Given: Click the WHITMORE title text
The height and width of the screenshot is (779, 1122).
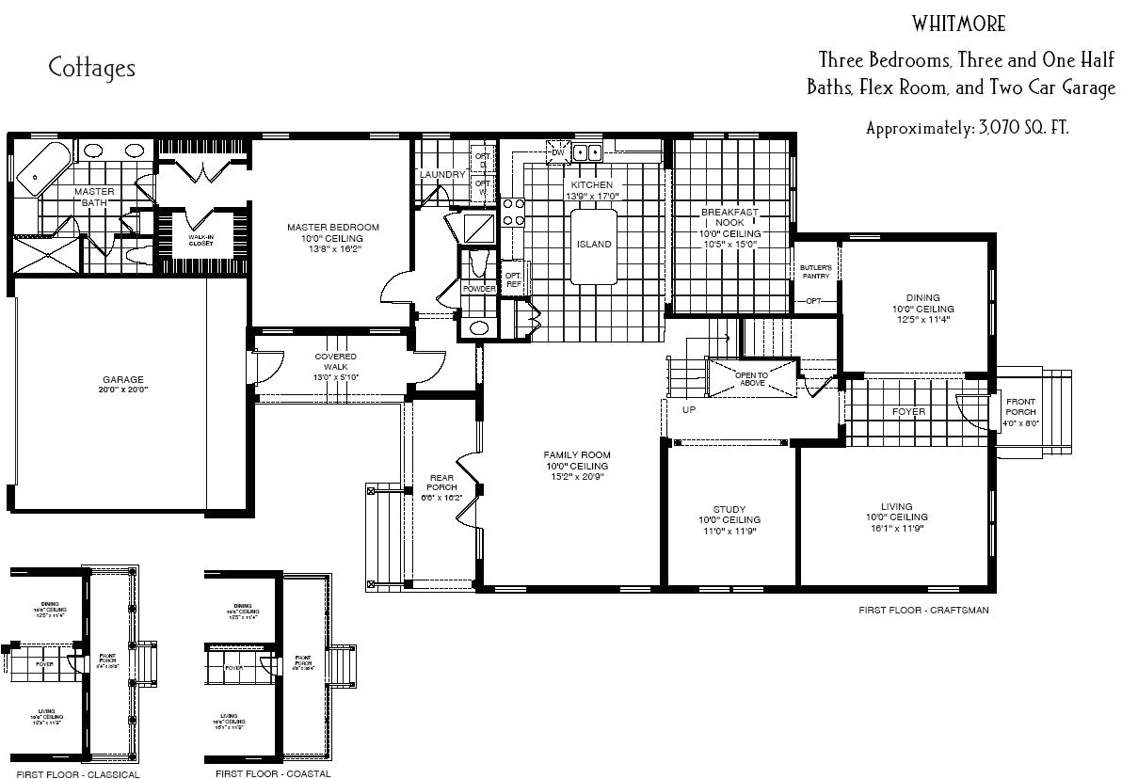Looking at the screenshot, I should pos(958,24).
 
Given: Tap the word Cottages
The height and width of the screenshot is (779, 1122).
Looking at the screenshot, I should pos(92,68).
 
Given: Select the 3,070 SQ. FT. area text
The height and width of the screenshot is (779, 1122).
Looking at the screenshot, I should pos(967,128).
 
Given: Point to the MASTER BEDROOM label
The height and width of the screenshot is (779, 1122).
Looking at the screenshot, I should pos(333,227).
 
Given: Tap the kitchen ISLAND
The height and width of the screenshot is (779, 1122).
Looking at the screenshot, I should pos(594,245).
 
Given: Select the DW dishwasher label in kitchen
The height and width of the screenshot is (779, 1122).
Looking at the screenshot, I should pos(557,152).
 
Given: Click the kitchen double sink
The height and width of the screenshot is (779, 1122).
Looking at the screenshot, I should pos(589,152).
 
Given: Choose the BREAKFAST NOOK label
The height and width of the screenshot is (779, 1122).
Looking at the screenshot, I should pos(729,217).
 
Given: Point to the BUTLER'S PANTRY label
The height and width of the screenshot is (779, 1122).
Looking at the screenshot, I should pos(815,272).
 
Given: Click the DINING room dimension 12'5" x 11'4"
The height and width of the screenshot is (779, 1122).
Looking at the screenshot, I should pos(922,319).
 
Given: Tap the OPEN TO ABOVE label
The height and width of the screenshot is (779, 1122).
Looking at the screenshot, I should pos(751,378).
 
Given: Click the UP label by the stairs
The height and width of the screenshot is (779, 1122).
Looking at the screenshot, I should pos(689,410).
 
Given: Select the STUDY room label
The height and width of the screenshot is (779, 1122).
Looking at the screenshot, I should pos(729,509).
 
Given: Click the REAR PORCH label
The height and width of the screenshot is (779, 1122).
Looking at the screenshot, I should pos(441,482).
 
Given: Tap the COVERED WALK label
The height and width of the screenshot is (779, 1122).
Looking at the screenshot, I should pos(335,361).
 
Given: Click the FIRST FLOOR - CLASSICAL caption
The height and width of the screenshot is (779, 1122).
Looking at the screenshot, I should pos(77,774).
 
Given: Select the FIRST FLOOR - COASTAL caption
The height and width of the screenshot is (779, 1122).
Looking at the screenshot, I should pos(273,773).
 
